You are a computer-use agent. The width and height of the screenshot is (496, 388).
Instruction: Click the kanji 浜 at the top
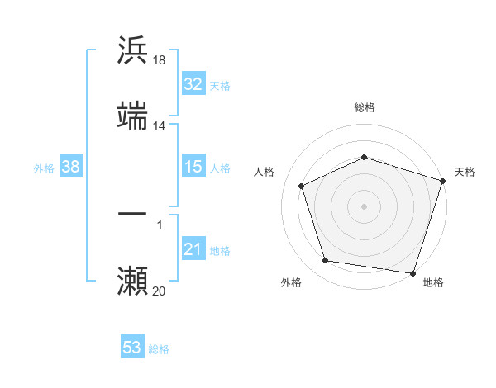pos(132,50)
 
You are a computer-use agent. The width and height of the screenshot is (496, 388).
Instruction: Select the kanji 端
pos(132,116)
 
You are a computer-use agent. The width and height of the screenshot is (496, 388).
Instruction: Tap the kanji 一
pos(132,215)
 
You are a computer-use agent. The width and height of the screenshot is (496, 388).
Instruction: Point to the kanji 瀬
pos(132,282)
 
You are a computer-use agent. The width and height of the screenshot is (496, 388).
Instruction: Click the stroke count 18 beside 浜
pos(160,59)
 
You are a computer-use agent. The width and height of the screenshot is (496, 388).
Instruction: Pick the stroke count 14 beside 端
pos(160,126)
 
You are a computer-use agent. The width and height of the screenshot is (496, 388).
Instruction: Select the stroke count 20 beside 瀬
pos(160,291)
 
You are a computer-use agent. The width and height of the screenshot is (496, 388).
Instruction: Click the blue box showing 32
pos(193,84)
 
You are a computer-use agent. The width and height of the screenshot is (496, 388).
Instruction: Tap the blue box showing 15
pos(193,167)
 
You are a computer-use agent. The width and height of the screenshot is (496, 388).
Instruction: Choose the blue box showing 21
pos(193,249)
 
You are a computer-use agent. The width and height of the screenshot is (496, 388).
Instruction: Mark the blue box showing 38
pos(70,167)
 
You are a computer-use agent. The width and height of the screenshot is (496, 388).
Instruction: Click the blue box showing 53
pos(131,348)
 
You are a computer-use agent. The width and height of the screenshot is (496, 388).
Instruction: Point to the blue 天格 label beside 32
pos(220,85)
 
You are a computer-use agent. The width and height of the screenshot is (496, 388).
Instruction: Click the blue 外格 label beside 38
pos(44,168)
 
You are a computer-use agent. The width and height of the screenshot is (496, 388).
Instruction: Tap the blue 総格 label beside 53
pos(159,348)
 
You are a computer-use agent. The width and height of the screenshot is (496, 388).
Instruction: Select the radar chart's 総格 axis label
pos(364,107)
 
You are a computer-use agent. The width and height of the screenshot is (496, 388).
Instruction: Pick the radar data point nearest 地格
pos(413,272)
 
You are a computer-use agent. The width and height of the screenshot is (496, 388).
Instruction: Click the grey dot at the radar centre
pos(364,206)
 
